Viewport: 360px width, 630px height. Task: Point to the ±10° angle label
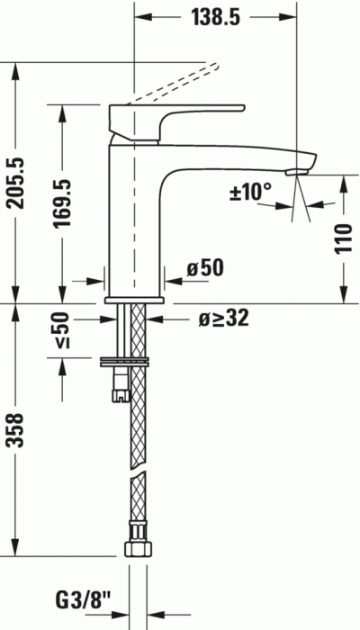coord(249,191)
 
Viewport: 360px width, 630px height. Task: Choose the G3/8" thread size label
coord(86,598)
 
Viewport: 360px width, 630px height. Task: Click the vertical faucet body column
coord(133,225)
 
